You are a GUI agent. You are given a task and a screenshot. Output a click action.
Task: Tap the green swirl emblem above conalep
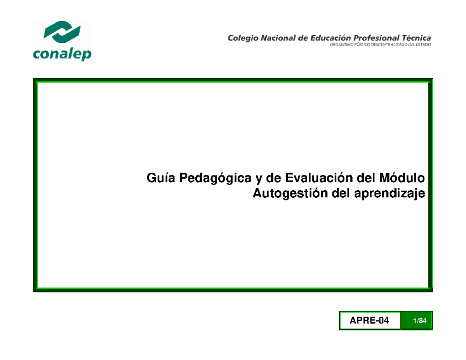[62, 33]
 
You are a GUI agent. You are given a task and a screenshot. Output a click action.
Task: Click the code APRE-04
[369, 320]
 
